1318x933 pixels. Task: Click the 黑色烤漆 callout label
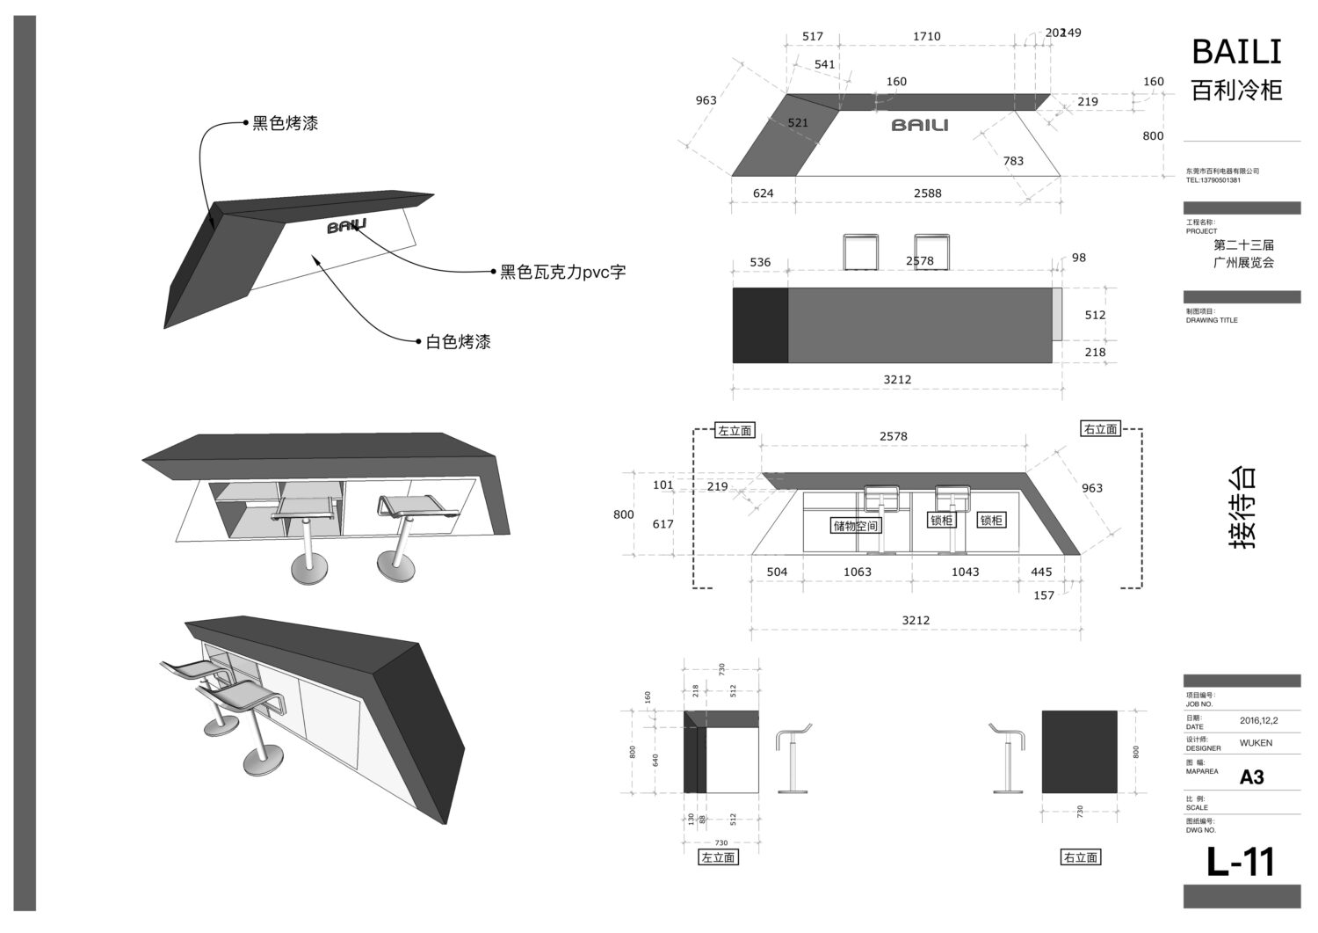pyautogui.click(x=285, y=124)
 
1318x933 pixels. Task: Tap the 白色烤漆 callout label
pyautogui.click(x=458, y=342)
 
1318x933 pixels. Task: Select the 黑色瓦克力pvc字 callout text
pyautogui.click(x=562, y=273)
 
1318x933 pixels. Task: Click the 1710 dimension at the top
pyautogui.click(x=926, y=36)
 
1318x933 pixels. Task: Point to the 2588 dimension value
pyautogui.click(x=927, y=193)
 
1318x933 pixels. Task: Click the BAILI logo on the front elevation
pyautogui.click(x=920, y=125)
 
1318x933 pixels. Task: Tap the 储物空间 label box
pyautogui.click(x=856, y=526)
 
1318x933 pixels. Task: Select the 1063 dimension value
pyautogui.click(x=857, y=572)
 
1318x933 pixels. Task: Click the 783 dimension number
pyautogui.click(x=1013, y=161)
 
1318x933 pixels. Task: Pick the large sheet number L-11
pyautogui.click(x=1240, y=863)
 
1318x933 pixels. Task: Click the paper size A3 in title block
pyautogui.click(x=1251, y=777)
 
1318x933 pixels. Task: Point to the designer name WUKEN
pyautogui.click(x=1256, y=743)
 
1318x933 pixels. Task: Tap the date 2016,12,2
pyautogui.click(x=1259, y=720)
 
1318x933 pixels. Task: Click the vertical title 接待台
pyautogui.click(x=1241, y=507)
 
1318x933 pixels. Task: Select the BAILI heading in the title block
pyautogui.click(x=1236, y=53)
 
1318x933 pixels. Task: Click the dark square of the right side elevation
pyautogui.click(x=1079, y=752)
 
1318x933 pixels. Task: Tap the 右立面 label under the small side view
pyautogui.click(x=1081, y=857)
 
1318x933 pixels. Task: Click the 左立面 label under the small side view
pyautogui.click(x=718, y=857)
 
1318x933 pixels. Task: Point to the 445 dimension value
pyautogui.click(x=1041, y=572)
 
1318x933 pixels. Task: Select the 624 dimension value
pyautogui.click(x=763, y=193)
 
